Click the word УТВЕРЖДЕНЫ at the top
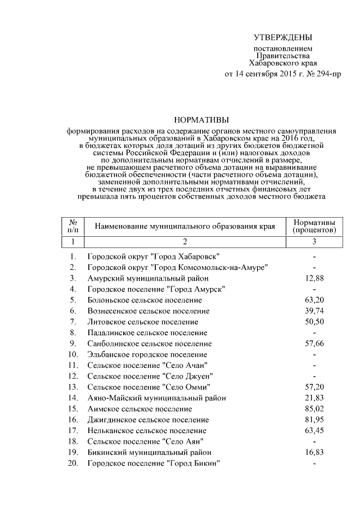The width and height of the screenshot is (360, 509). click(282, 38)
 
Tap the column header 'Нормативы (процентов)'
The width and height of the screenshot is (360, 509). click(314, 226)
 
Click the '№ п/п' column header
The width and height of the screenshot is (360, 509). click(73, 226)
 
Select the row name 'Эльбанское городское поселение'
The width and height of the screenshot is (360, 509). click(147, 354)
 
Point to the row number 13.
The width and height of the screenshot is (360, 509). click(73, 387)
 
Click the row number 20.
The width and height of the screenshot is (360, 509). click(73, 463)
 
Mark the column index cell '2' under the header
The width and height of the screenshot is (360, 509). click(184, 241)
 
